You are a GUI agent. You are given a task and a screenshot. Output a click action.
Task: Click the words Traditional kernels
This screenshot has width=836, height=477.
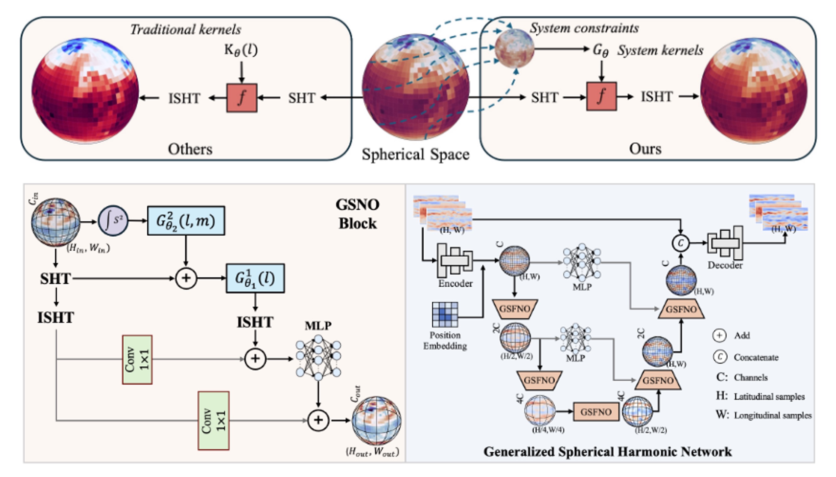click(x=186, y=29)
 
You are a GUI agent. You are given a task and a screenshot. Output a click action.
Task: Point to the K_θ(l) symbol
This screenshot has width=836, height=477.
click(x=241, y=50)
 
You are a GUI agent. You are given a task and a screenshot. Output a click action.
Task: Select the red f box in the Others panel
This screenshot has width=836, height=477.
click(x=242, y=98)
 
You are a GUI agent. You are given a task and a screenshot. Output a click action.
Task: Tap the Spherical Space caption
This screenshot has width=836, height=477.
click(x=415, y=154)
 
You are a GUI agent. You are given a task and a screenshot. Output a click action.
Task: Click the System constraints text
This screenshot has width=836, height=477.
click(x=584, y=28)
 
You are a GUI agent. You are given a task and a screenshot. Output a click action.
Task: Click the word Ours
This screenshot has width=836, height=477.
click(x=645, y=149)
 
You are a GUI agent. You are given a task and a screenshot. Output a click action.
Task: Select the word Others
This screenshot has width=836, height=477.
click(x=190, y=149)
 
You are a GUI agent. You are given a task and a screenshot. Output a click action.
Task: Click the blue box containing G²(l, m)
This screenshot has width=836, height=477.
click(x=186, y=221)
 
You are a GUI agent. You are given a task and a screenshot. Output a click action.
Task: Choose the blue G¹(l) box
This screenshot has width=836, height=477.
click(x=255, y=278)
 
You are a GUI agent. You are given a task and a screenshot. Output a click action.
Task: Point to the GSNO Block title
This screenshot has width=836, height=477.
click(x=357, y=214)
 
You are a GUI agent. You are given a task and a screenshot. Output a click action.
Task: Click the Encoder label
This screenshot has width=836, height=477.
click(x=455, y=284)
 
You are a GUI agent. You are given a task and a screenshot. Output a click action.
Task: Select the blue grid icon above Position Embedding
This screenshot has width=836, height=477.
click(x=445, y=314)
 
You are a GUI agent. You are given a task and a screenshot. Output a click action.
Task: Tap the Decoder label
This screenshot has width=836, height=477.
click(x=725, y=265)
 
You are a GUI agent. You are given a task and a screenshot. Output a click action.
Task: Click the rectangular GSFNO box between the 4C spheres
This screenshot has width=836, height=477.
click(x=596, y=412)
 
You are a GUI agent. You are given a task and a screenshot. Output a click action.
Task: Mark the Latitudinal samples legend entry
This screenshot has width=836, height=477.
click(x=769, y=397)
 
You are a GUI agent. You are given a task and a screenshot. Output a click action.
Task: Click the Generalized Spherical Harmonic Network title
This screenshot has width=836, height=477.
click(x=608, y=452)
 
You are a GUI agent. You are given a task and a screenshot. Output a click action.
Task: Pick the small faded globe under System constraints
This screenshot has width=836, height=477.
click(x=514, y=48)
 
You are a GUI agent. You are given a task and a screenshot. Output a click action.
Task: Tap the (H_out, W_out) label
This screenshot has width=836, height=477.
click(x=372, y=452)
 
